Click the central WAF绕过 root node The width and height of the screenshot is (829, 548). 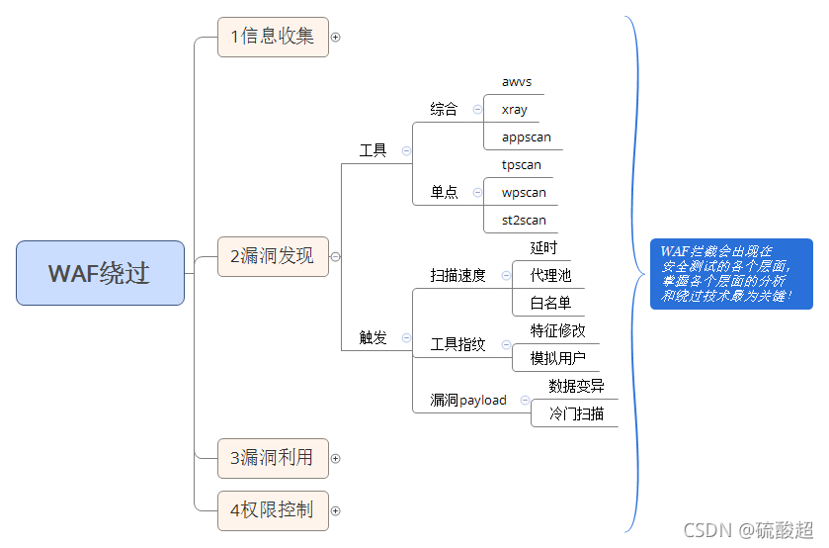tap(100, 273)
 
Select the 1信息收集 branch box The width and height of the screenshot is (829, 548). tap(273, 37)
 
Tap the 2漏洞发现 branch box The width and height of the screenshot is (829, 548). tap(273, 256)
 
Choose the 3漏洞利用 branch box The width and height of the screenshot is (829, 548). tap(273, 458)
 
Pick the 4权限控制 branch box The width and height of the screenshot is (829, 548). tap(273, 510)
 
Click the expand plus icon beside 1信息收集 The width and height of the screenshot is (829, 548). tap(335, 37)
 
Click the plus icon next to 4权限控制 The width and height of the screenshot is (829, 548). tap(335, 510)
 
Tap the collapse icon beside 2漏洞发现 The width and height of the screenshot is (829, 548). tap(335, 256)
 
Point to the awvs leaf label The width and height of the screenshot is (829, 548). tap(517, 82)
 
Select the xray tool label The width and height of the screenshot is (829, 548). tap(515, 110)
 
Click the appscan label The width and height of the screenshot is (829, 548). tap(527, 137)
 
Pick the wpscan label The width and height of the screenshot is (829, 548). tap(524, 192)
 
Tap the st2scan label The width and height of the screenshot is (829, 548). tap(524, 220)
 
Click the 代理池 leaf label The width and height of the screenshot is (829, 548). tap(550, 275)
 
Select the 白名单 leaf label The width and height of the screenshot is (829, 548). tap(550, 303)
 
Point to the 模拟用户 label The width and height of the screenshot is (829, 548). tap(557, 358)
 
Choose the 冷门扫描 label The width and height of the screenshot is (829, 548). tap(576, 413)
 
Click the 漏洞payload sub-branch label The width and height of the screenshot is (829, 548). tap(468, 401)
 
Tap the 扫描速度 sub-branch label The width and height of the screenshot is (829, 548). tap(458, 275)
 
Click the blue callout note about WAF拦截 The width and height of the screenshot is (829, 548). tap(730, 274)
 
